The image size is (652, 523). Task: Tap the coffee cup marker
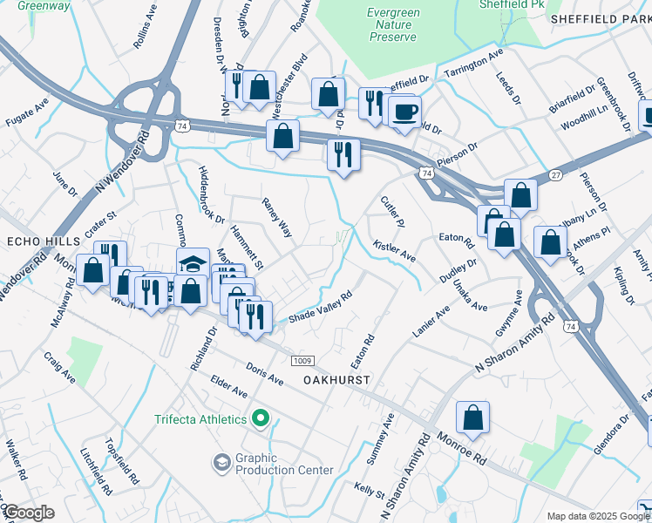point(404,112)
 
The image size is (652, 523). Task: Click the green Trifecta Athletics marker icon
point(260,420)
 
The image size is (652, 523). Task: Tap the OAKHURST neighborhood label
point(337,381)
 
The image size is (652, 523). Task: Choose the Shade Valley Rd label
point(320,306)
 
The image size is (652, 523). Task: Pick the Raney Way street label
point(277,217)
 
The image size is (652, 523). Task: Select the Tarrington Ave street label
point(474,65)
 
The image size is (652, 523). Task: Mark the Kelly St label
point(370,488)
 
